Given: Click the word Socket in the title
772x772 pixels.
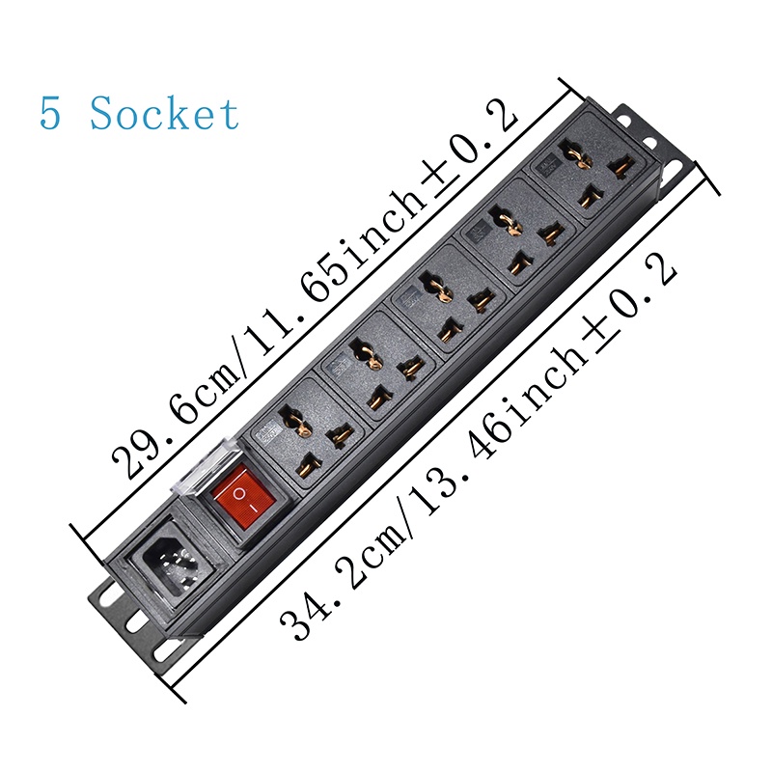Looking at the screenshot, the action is click(164, 114).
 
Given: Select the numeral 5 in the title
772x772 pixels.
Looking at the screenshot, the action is click(50, 114).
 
